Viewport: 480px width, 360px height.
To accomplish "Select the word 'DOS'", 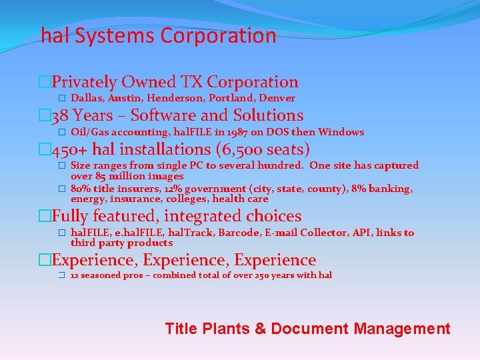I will (x=278, y=132).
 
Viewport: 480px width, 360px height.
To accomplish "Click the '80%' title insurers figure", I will (x=81, y=189).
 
